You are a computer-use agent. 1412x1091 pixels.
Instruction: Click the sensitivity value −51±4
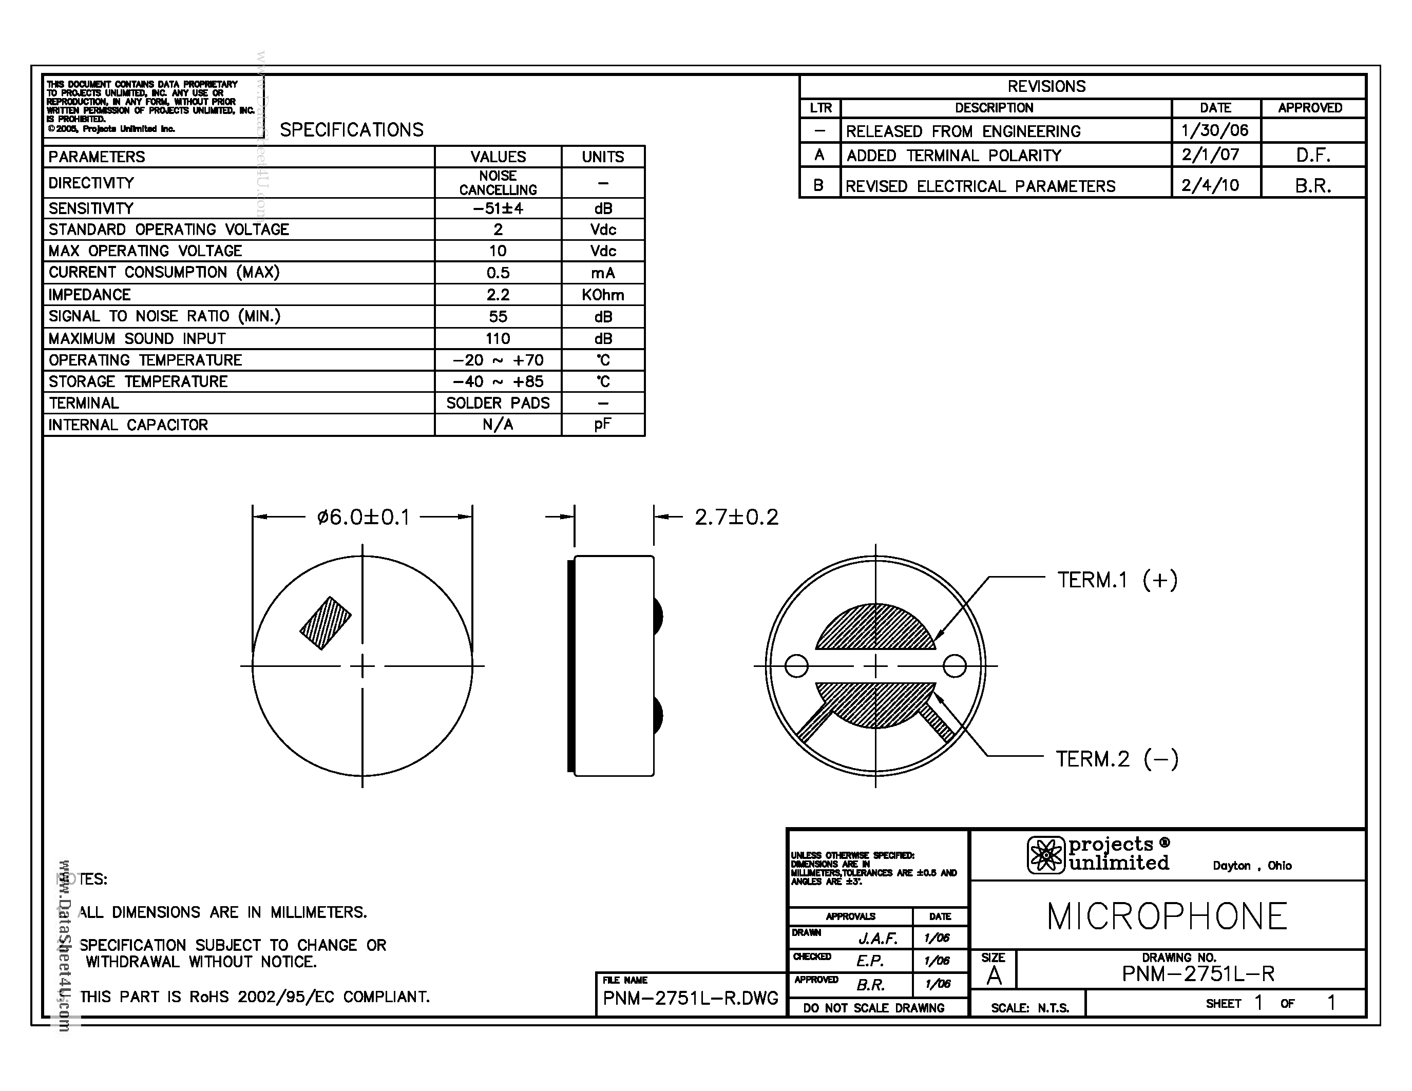(498, 208)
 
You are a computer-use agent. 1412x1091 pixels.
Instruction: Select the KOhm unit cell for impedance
(603, 295)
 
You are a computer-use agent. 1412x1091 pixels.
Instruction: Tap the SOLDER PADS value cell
(498, 403)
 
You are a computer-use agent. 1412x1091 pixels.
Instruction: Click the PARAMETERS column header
(97, 157)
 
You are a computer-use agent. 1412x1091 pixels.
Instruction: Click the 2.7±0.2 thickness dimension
(736, 517)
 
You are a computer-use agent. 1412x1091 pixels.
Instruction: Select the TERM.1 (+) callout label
(1117, 580)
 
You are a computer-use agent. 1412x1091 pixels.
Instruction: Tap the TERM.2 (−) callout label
(1117, 758)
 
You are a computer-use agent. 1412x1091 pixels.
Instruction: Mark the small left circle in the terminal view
(796, 666)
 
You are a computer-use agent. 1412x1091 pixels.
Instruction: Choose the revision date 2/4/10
(1210, 185)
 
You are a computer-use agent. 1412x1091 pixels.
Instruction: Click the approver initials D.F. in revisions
(1312, 156)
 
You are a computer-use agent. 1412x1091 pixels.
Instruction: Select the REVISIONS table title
(1046, 86)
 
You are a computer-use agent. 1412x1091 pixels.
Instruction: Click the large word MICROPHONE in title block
(1167, 916)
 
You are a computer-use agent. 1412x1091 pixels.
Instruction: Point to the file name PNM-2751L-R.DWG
(690, 998)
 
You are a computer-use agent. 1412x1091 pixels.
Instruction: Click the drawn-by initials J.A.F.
(877, 938)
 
